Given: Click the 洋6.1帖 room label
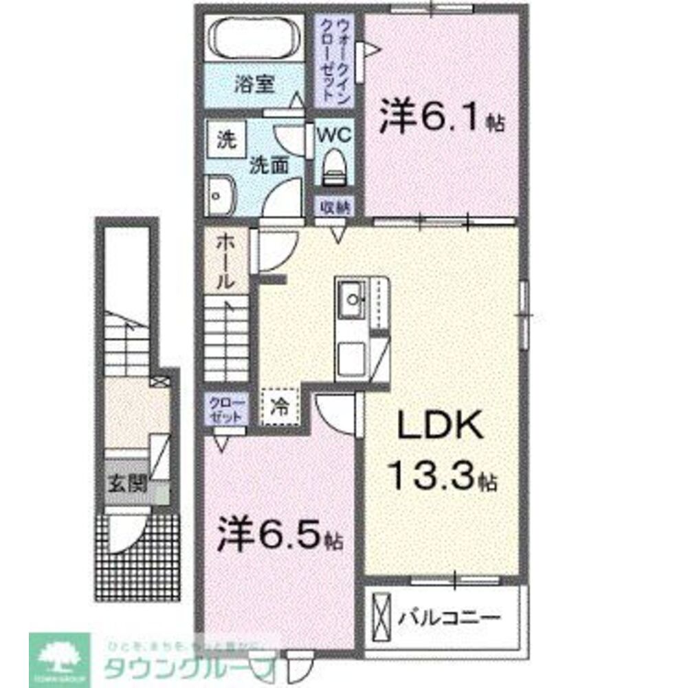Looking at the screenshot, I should pos(440,122).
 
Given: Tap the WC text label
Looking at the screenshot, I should pos(334,134).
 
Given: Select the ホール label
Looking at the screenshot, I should pos(225,261).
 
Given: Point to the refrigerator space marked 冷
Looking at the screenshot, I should pos(280,407).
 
